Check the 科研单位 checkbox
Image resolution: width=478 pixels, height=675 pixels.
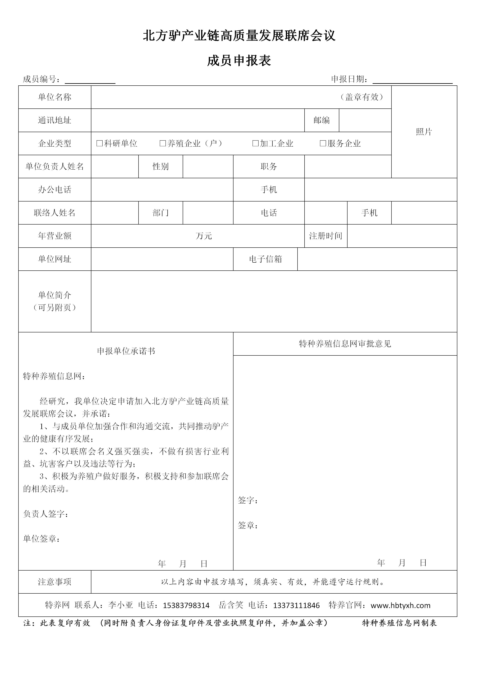point(100,144)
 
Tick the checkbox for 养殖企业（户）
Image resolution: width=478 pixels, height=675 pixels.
point(162,144)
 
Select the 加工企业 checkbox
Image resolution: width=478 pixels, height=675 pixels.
point(256,144)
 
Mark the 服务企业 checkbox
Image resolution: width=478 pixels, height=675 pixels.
point(323,144)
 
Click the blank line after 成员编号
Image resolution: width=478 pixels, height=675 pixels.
point(90,80)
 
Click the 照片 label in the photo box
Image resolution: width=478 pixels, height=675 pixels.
point(424,132)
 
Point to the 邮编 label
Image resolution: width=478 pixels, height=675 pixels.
point(321,120)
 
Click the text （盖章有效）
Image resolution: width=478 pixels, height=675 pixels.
point(362,97)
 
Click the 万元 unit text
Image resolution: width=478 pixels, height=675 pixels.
point(204,236)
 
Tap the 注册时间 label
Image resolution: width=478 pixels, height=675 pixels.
point(326,236)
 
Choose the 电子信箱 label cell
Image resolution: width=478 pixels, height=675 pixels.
point(265,259)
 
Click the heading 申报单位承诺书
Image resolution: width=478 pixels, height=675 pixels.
point(126,351)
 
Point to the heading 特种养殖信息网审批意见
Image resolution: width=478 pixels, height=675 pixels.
point(345,344)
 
